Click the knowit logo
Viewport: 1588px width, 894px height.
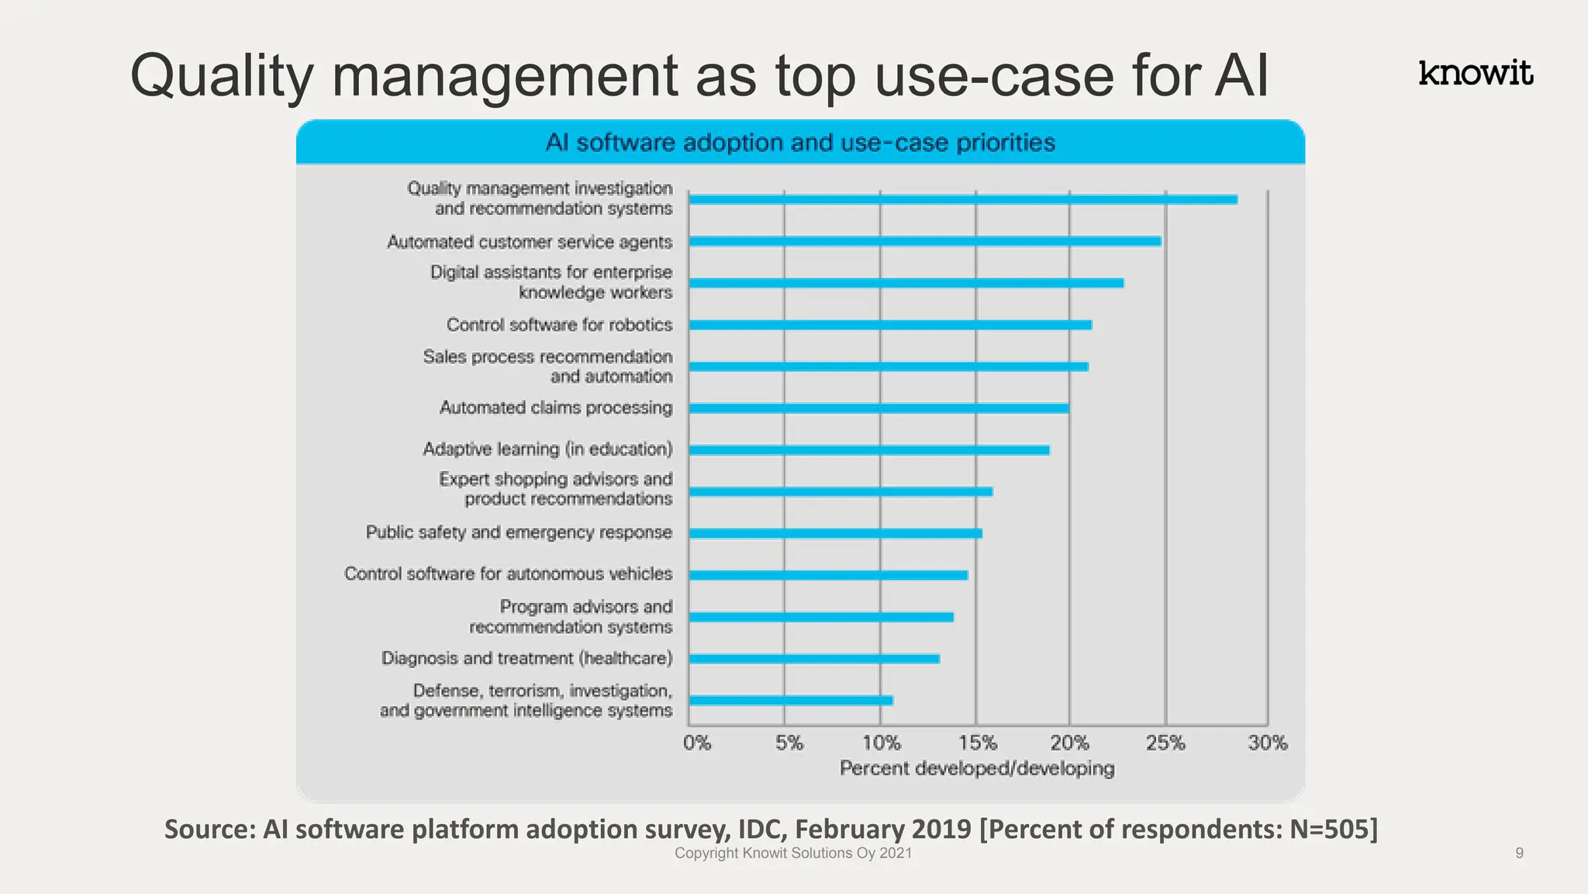(1475, 73)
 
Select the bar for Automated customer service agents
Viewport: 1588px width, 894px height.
(924, 241)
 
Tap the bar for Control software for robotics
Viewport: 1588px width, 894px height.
(890, 325)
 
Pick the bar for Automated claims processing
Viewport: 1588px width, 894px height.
(879, 408)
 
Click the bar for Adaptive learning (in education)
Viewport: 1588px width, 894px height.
(868, 450)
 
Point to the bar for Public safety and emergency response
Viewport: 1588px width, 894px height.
(835, 533)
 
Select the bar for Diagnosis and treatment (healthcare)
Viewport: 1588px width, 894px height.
(814, 659)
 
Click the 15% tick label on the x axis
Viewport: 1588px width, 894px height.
(977, 743)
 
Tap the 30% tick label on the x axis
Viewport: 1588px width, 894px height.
(1267, 743)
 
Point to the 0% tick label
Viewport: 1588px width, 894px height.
(697, 743)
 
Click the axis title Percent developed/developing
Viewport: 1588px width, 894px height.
(977, 768)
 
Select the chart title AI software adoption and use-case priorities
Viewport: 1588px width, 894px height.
(800, 143)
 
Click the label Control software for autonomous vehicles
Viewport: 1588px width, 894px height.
(509, 573)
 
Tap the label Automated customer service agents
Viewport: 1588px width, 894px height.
(530, 242)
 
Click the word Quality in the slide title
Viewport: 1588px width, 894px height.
(221, 76)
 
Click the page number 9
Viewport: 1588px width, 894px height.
(1519, 853)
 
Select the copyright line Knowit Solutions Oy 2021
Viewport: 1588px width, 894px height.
(793, 853)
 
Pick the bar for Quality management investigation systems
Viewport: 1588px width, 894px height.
(962, 199)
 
